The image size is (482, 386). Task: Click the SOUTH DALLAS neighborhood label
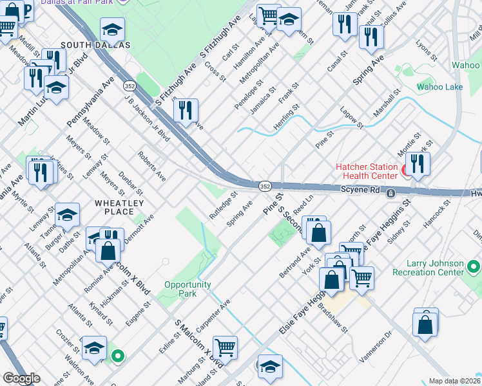point(95,45)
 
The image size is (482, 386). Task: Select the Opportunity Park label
point(188,289)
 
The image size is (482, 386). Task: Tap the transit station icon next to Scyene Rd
point(390,193)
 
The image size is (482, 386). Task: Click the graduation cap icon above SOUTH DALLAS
point(112,30)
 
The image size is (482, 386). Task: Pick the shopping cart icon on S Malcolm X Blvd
point(226,348)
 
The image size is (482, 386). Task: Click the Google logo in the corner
point(21,378)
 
